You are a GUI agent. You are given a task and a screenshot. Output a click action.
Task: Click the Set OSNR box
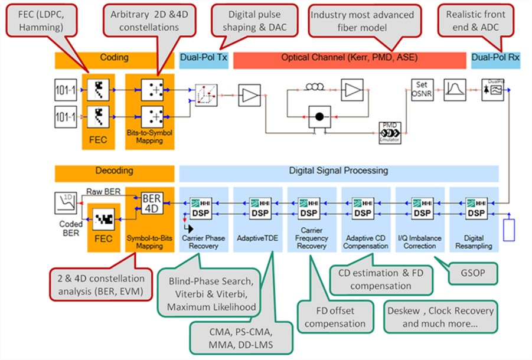[422, 90]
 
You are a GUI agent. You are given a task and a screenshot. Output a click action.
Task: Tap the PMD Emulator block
[390, 132]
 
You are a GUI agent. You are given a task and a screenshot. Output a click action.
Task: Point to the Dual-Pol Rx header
[495, 58]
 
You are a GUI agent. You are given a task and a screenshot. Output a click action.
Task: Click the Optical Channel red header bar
[349, 58]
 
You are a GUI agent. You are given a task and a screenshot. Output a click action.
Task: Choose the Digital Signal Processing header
[338, 171]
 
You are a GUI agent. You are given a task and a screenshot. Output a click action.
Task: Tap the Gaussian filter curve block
[455, 90]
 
